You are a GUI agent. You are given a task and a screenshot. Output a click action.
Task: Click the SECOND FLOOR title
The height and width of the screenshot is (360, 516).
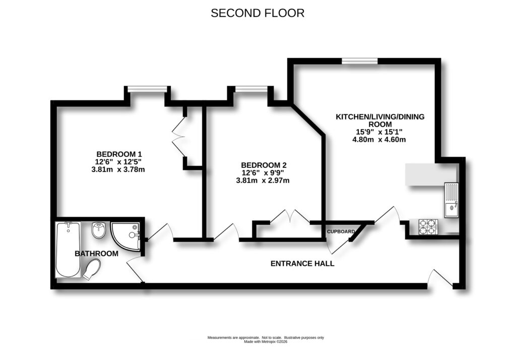click(x=257, y=13)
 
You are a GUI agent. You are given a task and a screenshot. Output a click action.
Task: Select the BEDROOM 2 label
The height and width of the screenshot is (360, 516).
click(x=264, y=165)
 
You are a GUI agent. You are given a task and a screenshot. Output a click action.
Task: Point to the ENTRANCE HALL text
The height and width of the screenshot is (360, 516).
click(x=302, y=263)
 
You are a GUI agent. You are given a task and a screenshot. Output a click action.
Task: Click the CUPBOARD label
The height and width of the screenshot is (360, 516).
click(x=341, y=231)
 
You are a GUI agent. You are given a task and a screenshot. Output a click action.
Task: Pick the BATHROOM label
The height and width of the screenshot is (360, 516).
click(x=97, y=254)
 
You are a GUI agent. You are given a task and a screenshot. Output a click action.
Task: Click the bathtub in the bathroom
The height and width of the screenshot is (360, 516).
click(x=68, y=250)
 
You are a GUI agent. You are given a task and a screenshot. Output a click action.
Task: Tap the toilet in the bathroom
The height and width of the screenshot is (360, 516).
click(x=91, y=270)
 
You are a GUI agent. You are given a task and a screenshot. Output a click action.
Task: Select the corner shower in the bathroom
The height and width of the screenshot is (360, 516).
click(x=125, y=236)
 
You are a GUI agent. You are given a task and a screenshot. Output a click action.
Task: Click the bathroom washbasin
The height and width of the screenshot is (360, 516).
click(x=99, y=232)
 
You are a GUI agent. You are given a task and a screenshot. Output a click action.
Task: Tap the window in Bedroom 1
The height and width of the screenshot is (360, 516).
click(x=147, y=89)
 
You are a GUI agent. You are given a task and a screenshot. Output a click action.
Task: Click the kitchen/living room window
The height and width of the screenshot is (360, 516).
click(x=360, y=61)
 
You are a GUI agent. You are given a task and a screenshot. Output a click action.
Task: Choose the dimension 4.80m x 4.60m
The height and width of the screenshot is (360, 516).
click(x=379, y=139)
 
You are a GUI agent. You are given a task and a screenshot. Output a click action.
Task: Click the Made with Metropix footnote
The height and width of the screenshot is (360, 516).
click(x=266, y=341)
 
